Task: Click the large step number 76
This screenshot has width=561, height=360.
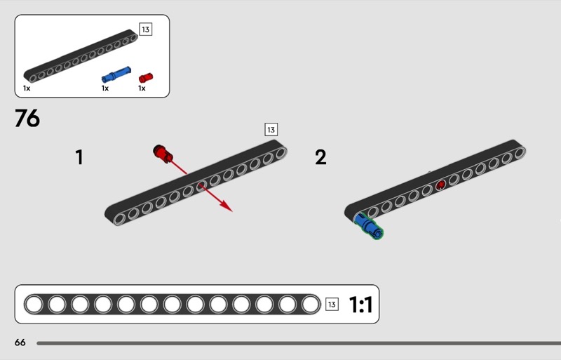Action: click(x=27, y=119)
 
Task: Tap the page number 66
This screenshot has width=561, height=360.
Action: click(x=20, y=342)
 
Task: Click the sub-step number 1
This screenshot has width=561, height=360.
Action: click(x=79, y=157)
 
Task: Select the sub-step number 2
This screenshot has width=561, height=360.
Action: click(x=320, y=157)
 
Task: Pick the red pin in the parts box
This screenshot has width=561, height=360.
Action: click(x=146, y=76)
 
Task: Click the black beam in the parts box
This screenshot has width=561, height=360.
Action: click(x=81, y=55)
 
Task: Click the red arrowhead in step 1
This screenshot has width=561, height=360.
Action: click(x=226, y=206)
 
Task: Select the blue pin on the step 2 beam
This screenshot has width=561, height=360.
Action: click(x=369, y=226)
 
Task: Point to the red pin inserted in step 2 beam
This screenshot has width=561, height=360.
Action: click(x=440, y=185)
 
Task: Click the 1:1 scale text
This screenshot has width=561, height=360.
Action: click(x=360, y=305)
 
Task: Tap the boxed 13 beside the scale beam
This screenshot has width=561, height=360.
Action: click(x=332, y=305)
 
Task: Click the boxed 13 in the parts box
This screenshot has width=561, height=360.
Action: click(x=145, y=29)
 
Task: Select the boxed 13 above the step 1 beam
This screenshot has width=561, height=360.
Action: click(x=271, y=129)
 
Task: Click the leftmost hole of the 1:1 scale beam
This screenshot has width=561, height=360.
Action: click(x=34, y=304)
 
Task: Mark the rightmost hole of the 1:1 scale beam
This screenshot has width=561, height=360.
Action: click(x=311, y=304)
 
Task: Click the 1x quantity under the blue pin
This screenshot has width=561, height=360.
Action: click(x=105, y=88)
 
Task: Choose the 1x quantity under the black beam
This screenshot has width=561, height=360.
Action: click(x=27, y=88)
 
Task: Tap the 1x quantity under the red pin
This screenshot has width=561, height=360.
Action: click(x=142, y=88)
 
